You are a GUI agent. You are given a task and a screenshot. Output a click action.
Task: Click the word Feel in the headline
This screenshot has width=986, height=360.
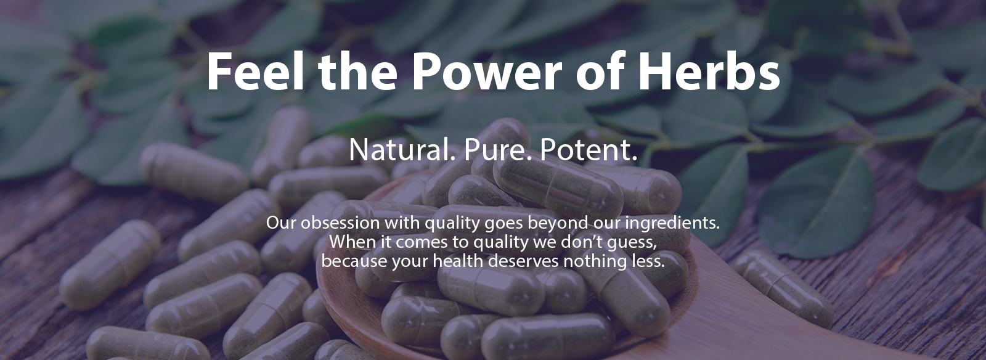(255, 71)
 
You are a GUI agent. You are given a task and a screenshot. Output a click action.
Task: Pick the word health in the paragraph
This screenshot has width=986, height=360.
(458, 261)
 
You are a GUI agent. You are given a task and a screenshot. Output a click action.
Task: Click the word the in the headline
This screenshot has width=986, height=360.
(358, 71)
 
